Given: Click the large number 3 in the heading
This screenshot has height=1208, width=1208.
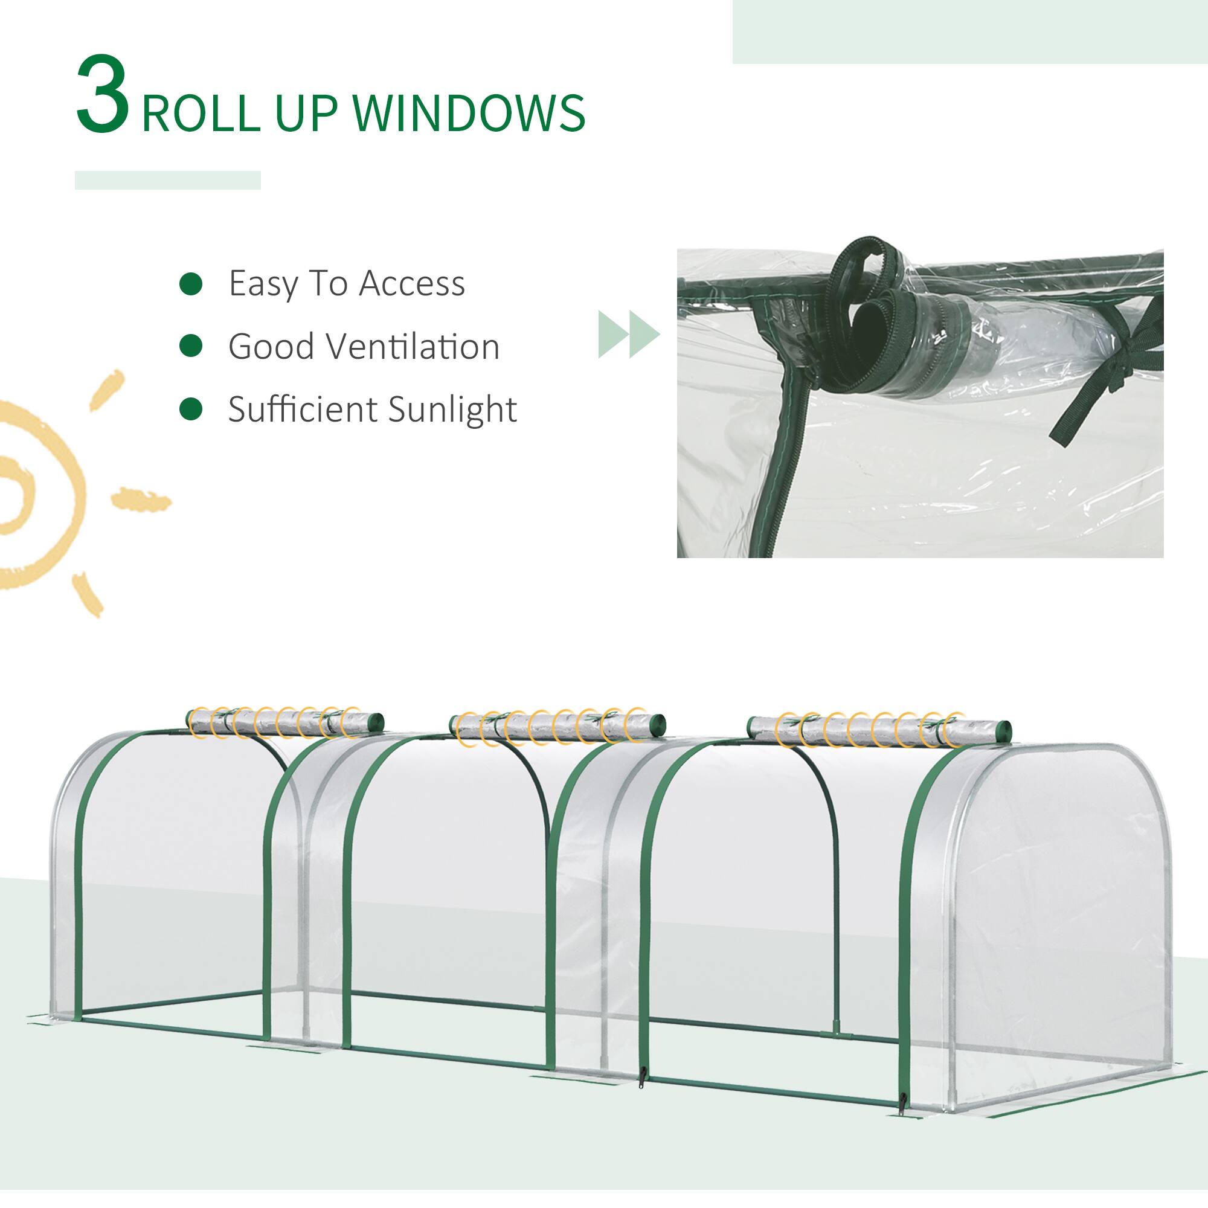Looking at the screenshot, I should coord(103,95).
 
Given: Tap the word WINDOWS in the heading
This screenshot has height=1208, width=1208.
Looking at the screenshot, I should coord(469,113).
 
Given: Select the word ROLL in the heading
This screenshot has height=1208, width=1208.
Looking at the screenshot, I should coord(201,113).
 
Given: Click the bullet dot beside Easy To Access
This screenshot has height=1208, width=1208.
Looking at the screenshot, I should coord(191,284).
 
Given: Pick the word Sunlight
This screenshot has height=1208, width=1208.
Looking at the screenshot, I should coord(452,410).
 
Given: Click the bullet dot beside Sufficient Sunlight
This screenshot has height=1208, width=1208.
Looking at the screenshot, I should coord(191,410).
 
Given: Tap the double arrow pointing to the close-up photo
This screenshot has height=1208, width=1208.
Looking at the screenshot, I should coord(628,334).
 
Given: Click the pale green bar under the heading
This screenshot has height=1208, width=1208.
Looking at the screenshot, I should coord(167,180).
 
